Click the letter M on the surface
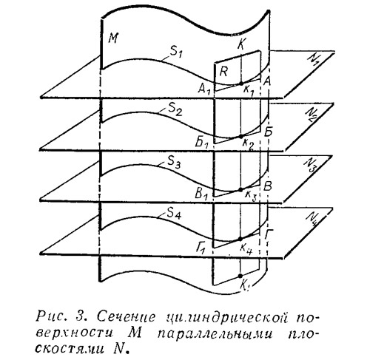click(113, 38)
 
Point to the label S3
click(173, 162)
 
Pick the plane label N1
click(314, 59)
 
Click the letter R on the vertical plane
click(223, 72)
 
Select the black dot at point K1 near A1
click(241, 84)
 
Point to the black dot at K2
click(240, 136)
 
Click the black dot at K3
click(240, 189)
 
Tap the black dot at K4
click(240, 239)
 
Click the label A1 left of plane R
click(204, 89)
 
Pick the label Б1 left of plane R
click(202, 143)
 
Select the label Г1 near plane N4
click(201, 249)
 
